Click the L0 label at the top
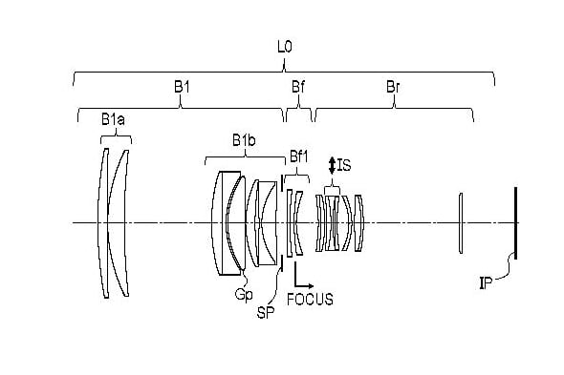[x=285, y=47]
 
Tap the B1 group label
[x=182, y=87]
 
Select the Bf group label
[x=298, y=87]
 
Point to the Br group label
[x=393, y=87]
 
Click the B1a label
[x=113, y=119]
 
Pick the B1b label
[x=244, y=140]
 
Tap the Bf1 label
[x=299, y=156]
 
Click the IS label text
[x=344, y=165]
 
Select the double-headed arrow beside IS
[x=332, y=166]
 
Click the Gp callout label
[x=244, y=295]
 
